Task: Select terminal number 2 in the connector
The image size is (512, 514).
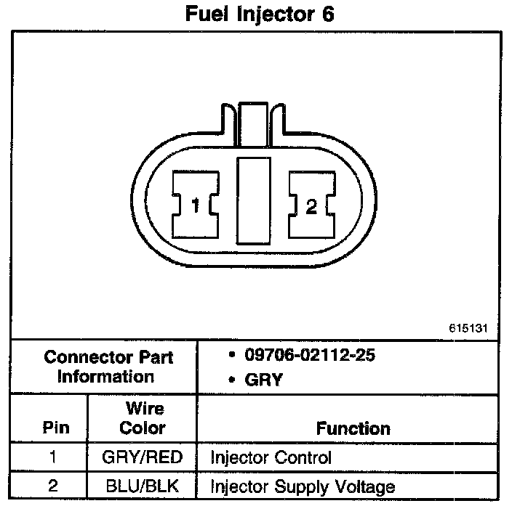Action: pos(311,207)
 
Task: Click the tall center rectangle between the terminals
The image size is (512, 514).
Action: pos(253,198)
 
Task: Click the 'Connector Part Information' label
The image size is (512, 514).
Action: pos(109,367)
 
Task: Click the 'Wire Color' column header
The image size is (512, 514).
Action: pos(143,418)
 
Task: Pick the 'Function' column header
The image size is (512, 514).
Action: pos(353,428)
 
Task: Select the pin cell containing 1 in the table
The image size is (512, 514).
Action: pos(52,458)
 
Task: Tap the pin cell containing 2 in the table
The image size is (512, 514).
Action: pos(52,486)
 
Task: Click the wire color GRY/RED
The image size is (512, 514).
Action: pos(143,458)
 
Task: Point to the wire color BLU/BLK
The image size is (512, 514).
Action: pos(143,486)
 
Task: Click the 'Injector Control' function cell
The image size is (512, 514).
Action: pos(271,458)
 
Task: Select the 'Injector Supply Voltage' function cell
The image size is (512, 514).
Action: pos(303,486)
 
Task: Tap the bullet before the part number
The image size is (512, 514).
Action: pos(231,357)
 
